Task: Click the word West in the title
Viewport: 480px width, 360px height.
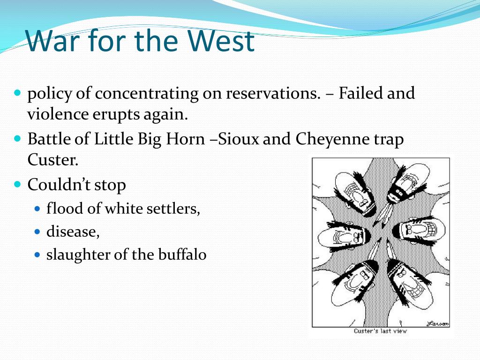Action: tap(220, 40)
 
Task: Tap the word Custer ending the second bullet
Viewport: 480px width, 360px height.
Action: tap(52, 159)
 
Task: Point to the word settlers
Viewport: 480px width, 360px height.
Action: tap(173, 209)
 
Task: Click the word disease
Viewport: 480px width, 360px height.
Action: tap(73, 232)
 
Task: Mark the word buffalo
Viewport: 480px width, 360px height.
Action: tap(182, 255)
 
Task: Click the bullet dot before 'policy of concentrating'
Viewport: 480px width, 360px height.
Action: tap(17, 92)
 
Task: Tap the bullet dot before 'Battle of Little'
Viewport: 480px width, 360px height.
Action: tap(17, 138)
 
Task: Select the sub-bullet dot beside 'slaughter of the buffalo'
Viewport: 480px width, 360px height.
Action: tap(37, 255)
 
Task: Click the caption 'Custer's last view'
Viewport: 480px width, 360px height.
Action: tap(380, 331)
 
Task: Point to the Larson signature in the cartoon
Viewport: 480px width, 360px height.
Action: tap(438, 323)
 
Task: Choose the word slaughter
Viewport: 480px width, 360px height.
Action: tap(78, 255)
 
